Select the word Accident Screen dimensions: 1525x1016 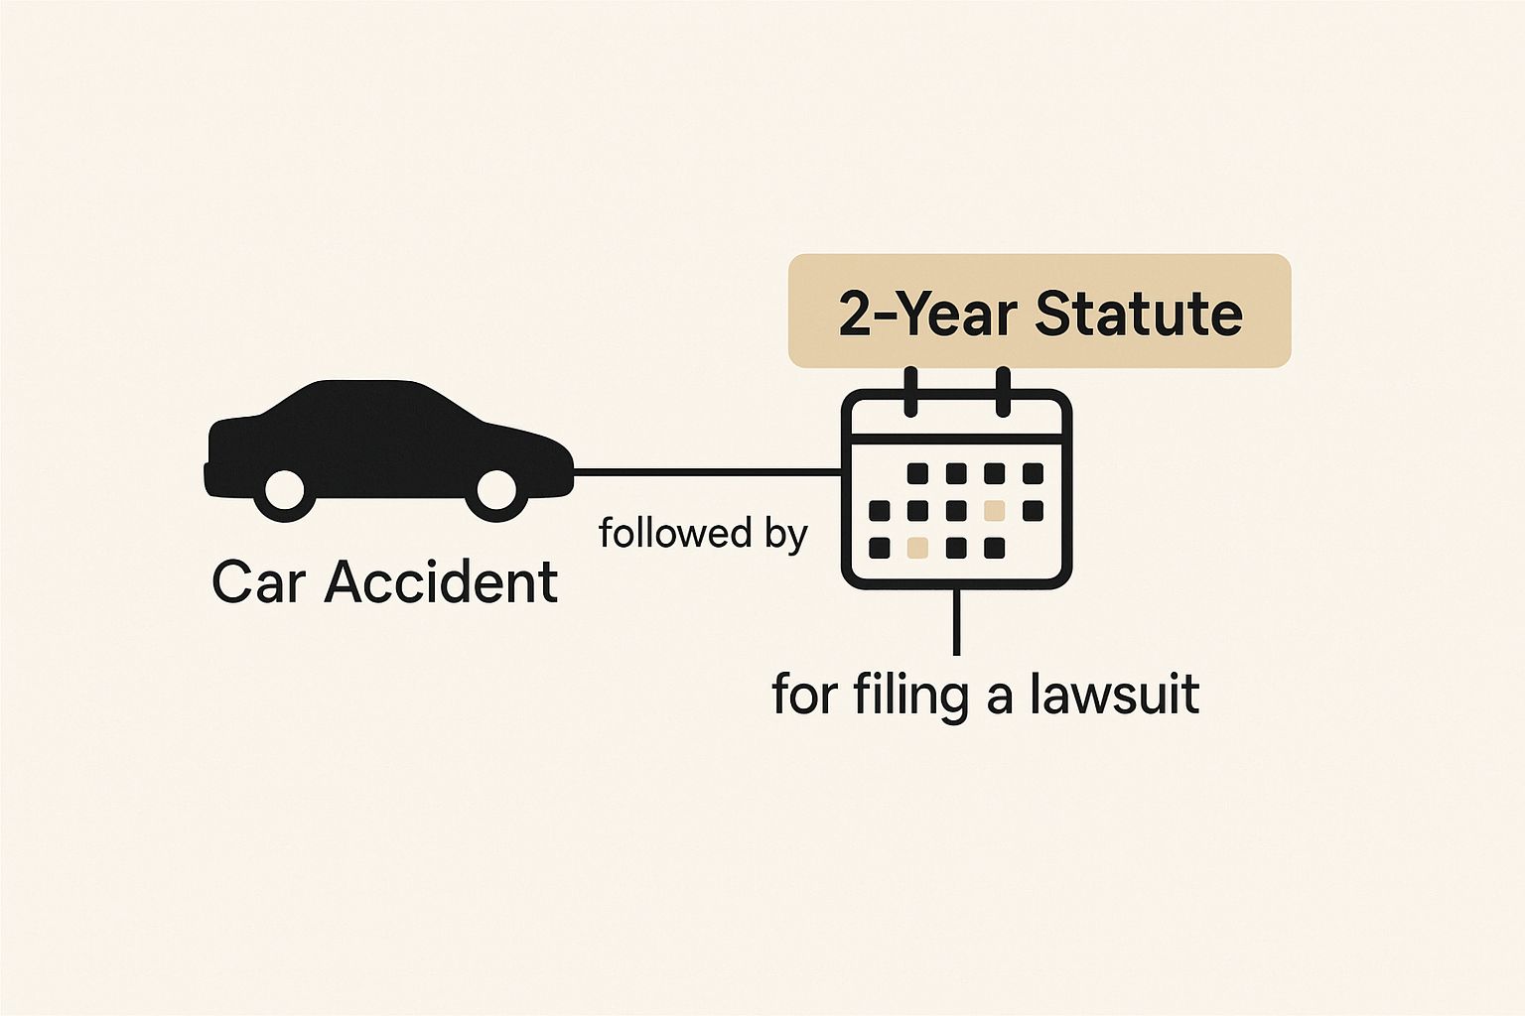tap(441, 580)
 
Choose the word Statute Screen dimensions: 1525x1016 tap(1139, 314)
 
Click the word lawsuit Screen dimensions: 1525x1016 tap(1114, 694)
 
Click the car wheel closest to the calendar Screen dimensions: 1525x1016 tap(496, 491)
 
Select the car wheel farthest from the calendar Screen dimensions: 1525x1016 tap(285, 491)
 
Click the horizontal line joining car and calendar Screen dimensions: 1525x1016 tap(708, 471)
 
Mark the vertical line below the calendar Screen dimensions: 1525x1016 tap(956, 621)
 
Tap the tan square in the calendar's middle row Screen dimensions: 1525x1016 tap(995, 510)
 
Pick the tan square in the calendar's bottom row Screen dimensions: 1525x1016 tap(917, 547)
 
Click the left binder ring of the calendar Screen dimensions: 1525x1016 tap(910, 392)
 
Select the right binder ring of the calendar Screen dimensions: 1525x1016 tap(1003, 392)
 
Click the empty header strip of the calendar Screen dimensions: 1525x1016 tap(956, 417)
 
